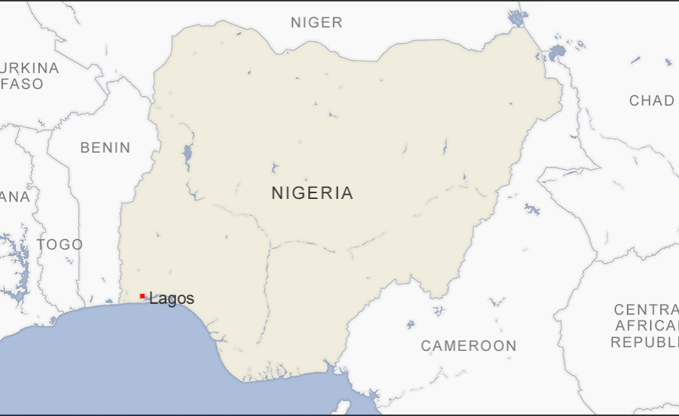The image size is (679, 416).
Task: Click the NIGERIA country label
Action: [312, 193]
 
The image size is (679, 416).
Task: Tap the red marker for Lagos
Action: [142, 296]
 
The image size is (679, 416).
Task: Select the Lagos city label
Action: [172, 299]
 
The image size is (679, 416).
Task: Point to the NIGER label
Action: [317, 22]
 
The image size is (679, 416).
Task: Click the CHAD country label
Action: [652, 101]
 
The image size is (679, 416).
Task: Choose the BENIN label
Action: [106, 148]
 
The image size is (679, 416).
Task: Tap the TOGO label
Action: [60, 245]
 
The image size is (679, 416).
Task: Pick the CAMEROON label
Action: [469, 346]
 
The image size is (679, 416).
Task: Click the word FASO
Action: [23, 84]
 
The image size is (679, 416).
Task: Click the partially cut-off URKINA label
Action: [29, 68]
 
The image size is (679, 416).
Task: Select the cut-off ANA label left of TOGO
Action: [15, 197]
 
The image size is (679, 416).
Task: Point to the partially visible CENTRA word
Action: [646, 310]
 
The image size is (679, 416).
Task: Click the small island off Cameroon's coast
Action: [345, 407]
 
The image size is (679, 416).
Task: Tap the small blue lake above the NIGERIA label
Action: [274, 169]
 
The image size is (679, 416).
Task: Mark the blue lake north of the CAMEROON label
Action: [532, 209]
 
